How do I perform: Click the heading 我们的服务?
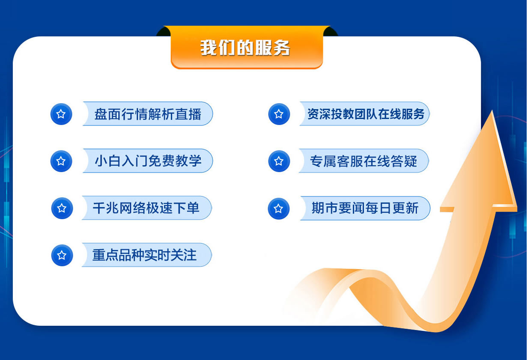tap(245, 48)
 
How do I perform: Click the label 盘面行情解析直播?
tap(148, 114)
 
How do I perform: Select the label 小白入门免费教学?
tap(148, 161)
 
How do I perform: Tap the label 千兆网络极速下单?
tap(146, 208)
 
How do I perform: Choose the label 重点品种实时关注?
tap(144, 255)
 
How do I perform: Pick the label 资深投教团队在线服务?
tap(366, 114)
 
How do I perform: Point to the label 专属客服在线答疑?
tap(364, 161)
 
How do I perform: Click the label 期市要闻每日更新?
tap(365, 208)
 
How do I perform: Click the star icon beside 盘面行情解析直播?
tap(61, 114)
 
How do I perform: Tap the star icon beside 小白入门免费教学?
tap(61, 161)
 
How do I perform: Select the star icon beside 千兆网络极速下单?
tap(62, 208)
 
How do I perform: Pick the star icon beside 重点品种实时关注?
tap(62, 256)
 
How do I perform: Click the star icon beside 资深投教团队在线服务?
tap(279, 114)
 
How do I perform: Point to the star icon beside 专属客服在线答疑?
tap(279, 161)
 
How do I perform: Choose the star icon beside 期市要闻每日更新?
tap(279, 209)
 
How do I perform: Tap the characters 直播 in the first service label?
tap(188, 114)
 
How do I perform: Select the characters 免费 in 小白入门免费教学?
tap(161, 161)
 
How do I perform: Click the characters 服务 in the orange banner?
tap(272, 48)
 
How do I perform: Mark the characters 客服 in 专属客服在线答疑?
tap(350, 161)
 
